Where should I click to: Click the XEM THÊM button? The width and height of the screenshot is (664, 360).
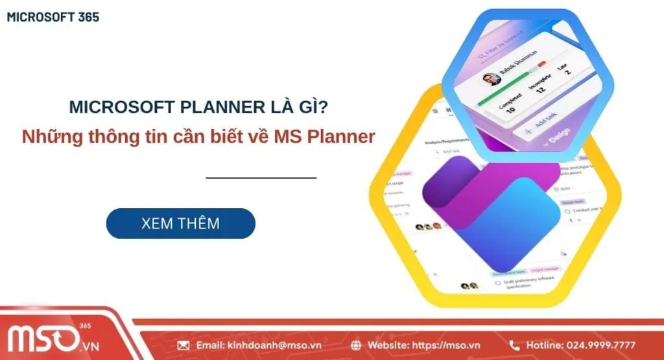point(180,224)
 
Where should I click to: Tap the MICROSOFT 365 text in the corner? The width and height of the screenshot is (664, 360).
point(53,18)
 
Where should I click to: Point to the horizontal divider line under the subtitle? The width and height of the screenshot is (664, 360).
point(261,177)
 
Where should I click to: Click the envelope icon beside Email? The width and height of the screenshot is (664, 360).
point(183,345)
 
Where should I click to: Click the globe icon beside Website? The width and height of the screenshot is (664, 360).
point(356,345)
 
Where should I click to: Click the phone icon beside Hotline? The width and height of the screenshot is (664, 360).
point(514,345)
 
